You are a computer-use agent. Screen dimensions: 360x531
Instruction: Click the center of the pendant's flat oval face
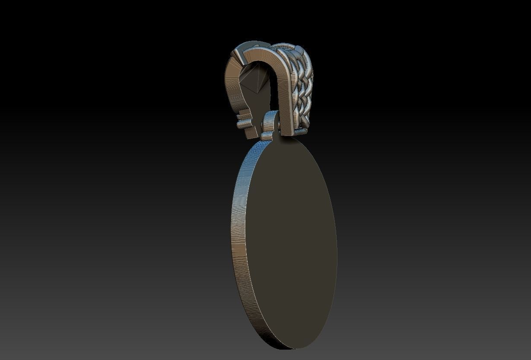tap(290, 242)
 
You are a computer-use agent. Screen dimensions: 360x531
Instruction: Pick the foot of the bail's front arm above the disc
tap(288, 129)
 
